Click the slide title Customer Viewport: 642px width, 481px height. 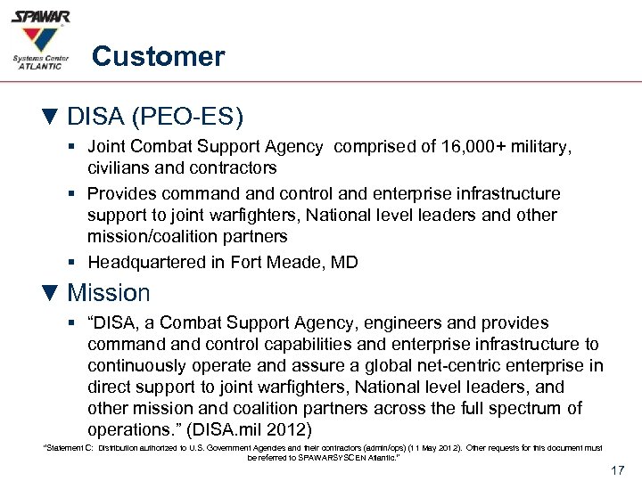tap(158, 57)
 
